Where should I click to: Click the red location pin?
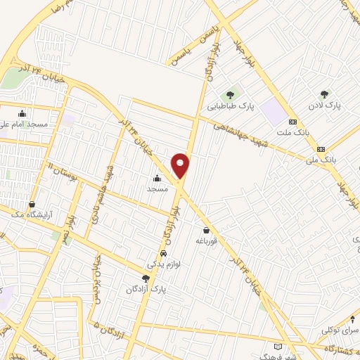pyautogui.click(x=181, y=165)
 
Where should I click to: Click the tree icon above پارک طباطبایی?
pyautogui.click(x=230, y=95)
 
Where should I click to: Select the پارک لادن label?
pyautogui.click(x=323, y=105)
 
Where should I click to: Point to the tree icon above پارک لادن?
pyautogui.click(x=324, y=94)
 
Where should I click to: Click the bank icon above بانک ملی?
pyautogui.click(x=321, y=148)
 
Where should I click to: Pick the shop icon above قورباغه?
pyautogui.click(x=206, y=229)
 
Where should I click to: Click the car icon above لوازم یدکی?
pyautogui.click(x=163, y=253)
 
